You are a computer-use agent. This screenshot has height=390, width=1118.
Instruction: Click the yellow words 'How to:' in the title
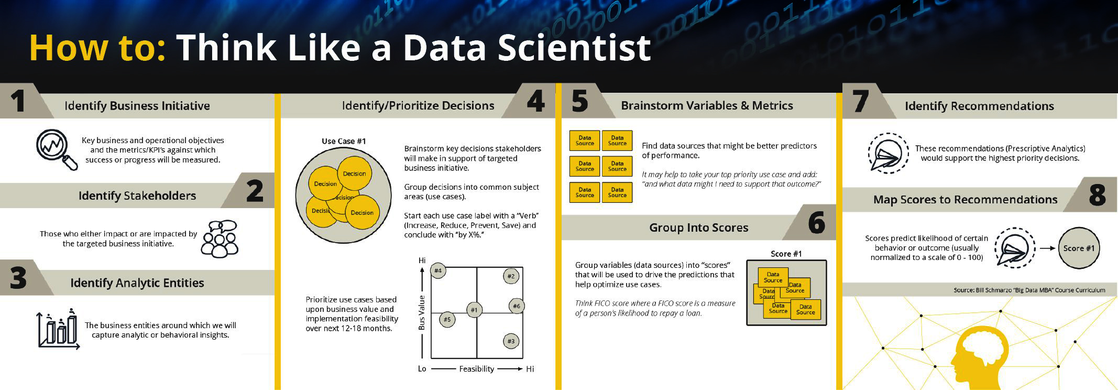click(x=97, y=48)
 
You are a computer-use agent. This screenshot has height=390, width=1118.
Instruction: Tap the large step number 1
click(x=18, y=101)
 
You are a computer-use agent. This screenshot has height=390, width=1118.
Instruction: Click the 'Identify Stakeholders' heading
click(x=137, y=196)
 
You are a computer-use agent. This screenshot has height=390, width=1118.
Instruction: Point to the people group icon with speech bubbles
click(x=220, y=239)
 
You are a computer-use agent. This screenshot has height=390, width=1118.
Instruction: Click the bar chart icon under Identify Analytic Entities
click(x=58, y=329)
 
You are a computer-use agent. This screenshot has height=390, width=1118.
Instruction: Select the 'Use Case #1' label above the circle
click(x=344, y=141)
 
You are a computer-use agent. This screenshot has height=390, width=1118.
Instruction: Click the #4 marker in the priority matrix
click(x=438, y=271)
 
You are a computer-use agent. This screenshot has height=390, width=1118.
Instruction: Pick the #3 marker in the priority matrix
click(x=511, y=341)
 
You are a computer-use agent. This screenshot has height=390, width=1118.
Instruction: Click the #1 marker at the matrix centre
click(x=474, y=310)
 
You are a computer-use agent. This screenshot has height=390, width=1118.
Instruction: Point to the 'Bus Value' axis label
click(x=422, y=313)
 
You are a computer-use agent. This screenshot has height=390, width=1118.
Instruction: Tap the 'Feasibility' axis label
click(x=476, y=369)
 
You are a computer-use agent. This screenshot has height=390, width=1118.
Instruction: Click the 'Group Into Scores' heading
click(x=698, y=227)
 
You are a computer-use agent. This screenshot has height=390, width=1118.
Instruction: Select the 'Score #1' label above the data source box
click(x=786, y=254)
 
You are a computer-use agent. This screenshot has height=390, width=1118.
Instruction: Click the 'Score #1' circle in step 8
click(x=1079, y=248)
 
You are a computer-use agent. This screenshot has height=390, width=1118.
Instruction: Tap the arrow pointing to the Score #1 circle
click(x=1047, y=248)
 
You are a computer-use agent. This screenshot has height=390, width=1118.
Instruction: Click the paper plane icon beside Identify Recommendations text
click(x=889, y=153)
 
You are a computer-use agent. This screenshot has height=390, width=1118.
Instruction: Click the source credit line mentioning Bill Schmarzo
click(x=1029, y=290)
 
